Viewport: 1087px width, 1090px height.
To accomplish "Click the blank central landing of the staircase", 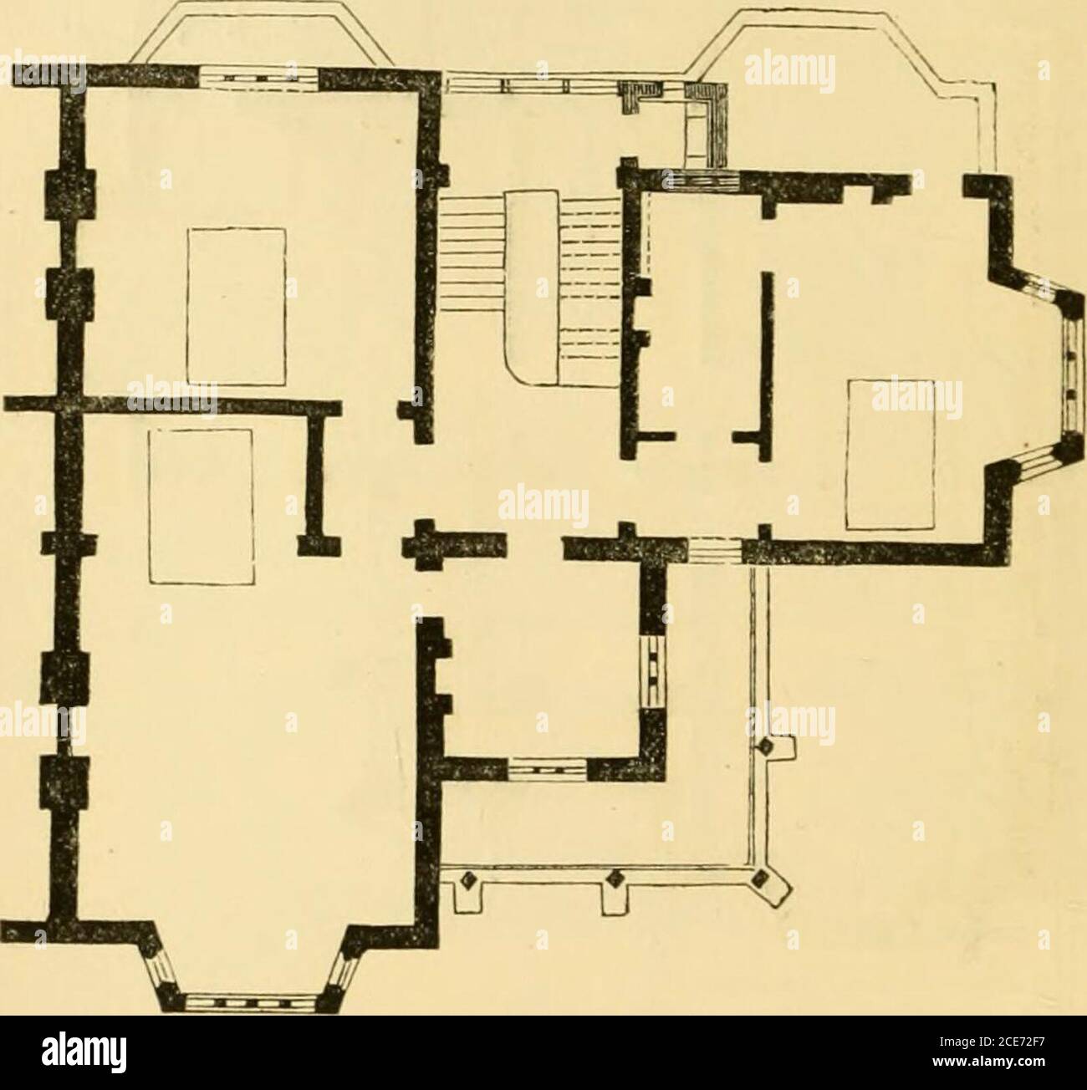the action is coord(531,288).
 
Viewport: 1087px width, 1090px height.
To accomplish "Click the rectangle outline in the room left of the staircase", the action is coord(237,307).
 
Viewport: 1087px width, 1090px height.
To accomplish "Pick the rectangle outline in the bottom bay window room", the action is coord(201,507).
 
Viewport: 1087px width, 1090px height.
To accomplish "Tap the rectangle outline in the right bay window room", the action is coord(891,454).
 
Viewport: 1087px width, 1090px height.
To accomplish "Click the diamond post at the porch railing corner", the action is coord(760,879).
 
